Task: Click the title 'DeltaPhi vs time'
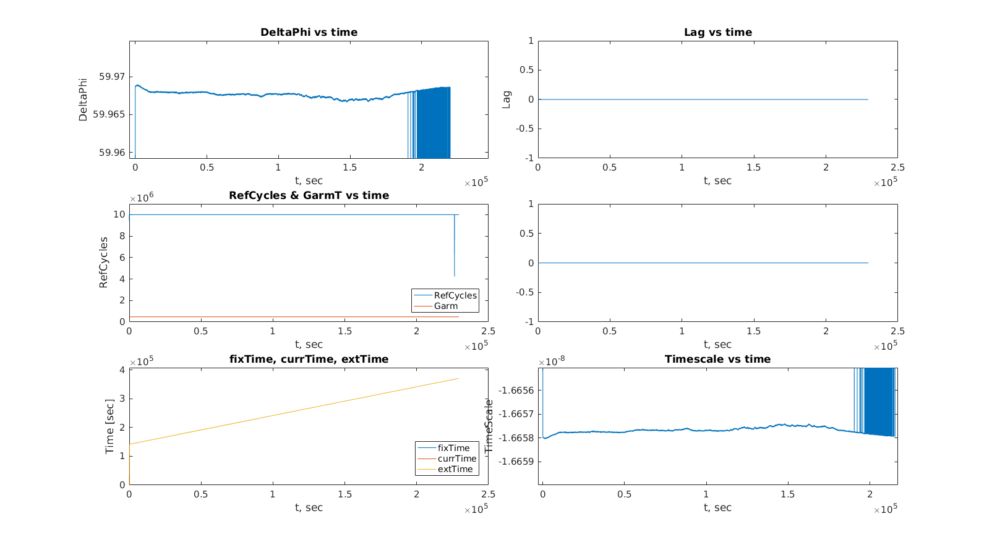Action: click(x=309, y=32)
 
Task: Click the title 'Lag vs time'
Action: click(x=717, y=32)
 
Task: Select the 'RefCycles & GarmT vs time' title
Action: click(x=309, y=195)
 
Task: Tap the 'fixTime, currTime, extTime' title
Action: click(x=309, y=359)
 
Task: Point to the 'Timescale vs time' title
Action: click(x=717, y=359)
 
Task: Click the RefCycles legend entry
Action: click(x=455, y=295)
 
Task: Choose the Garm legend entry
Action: click(x=446, y=306)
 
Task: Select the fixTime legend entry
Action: click(x=453, y=448)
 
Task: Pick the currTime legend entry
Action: click(x=457, y=458)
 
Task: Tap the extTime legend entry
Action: click(x=455, y=469)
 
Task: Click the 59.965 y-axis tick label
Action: click(x=109, y=114)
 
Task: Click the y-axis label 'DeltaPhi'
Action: click(x=83, y=99)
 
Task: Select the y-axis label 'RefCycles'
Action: click(x=103, y=263)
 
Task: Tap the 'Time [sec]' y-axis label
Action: click(x=109, y=426)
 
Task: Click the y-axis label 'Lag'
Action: click(x=507, y=99)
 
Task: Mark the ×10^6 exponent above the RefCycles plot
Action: click(x=142, y=198)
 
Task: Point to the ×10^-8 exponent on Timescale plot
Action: click(x=552, y=361)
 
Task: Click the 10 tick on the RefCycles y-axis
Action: click(x=119, y=214)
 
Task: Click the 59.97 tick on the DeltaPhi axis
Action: click(x=112, y=77)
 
